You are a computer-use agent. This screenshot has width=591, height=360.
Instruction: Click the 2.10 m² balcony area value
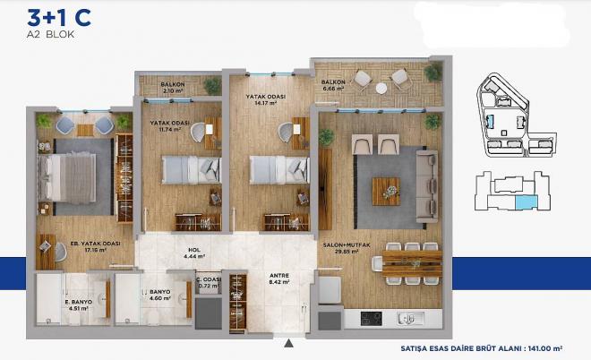(x=173, y=90)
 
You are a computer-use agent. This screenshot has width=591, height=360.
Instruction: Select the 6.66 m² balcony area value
(x=333, y=89)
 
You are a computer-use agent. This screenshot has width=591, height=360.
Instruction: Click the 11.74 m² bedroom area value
(x=171, y=129)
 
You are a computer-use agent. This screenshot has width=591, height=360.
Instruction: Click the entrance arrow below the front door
(x=288, y=341)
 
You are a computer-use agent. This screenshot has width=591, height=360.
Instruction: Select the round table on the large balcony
(x=381, y=87)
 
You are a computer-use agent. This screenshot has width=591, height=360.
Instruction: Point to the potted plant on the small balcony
(x=211, y=86)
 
